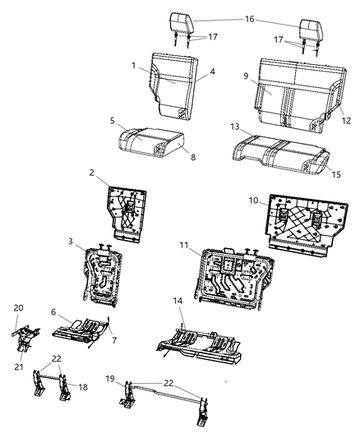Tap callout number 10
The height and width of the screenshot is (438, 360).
tap(256, 200)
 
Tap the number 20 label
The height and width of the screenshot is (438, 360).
tap(18, 308)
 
